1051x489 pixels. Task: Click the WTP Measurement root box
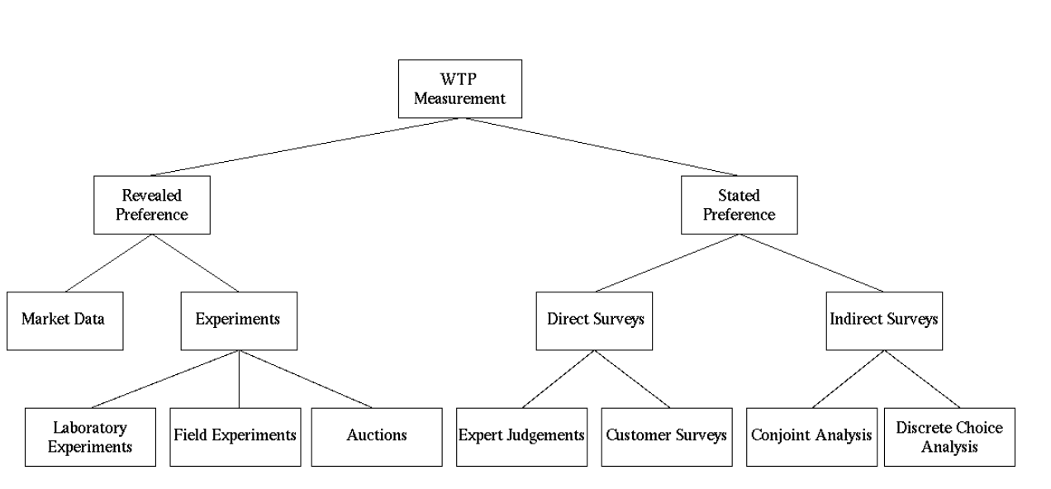pyautogui.click(x=459, y=88)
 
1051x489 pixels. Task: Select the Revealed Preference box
pyautogui.click(x=151, y=205)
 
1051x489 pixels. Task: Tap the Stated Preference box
pyautogui.click(x=740, y=205)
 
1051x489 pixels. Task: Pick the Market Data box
pyautogui.click(x=64, y=320)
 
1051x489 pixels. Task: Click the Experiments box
pyautogui.click(x=238, y=320)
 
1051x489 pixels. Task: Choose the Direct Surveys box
pyautogui.click(x=594, y=320)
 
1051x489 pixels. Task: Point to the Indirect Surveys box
pyautogui.click(x=883, y=320)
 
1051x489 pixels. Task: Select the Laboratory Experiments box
pyautogui.click(x=90, y=437)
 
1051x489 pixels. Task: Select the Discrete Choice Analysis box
pyautogui.click(x=949, y=437)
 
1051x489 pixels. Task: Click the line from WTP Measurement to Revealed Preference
pyautogui.click(x=306, y=146)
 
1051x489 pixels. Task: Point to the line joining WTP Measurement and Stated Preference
pyautogui.click(x=599, y=146)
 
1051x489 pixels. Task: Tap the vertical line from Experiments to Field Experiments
pyautogui.click(x=239, y=379)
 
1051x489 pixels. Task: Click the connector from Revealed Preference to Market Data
pyautogui.click(x=108, y=263)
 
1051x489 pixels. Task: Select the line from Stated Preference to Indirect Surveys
pyautogui.click(x=811, y=263)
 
